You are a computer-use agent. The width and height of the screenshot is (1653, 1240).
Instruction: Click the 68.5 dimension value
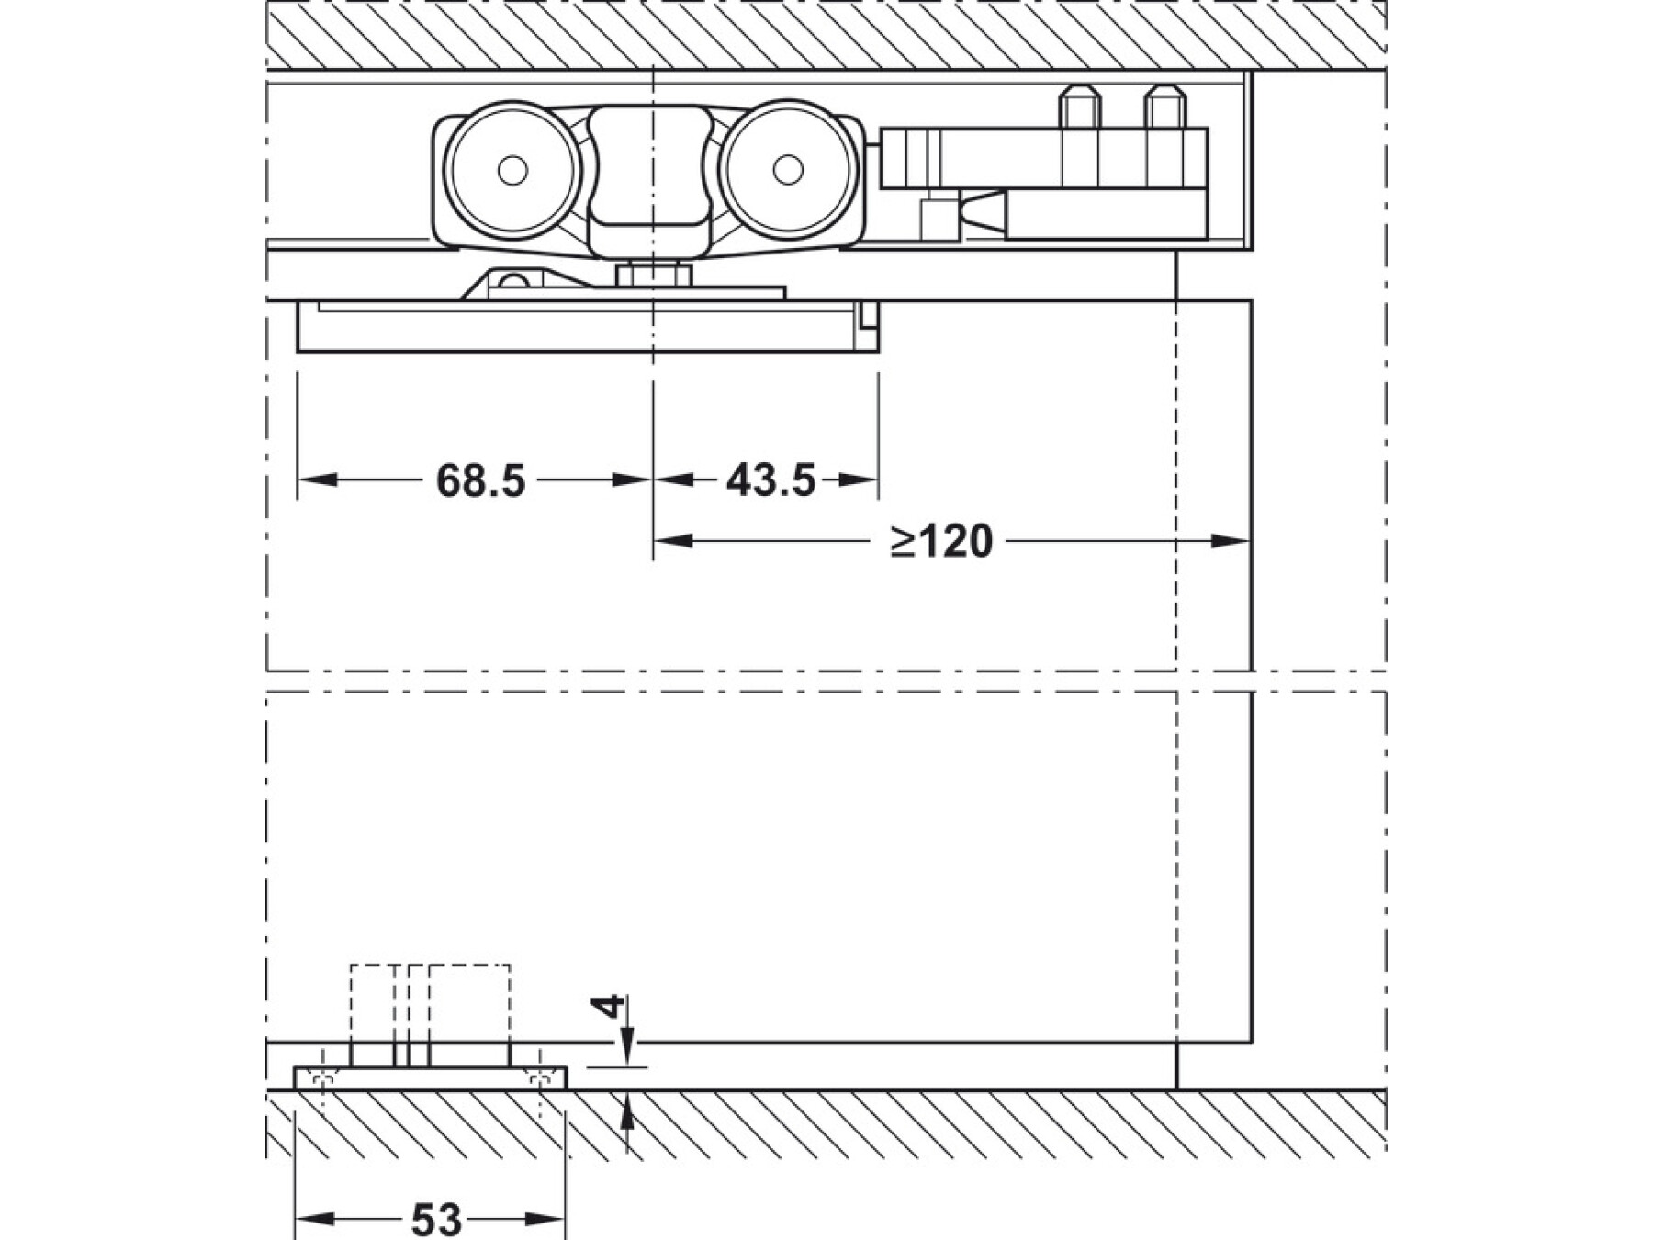point(480,479)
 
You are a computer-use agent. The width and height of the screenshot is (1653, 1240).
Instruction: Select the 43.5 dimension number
point(770,479)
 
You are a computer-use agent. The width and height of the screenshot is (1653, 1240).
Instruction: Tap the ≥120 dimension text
point(942,541)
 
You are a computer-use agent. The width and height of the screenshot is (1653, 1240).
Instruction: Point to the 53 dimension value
point(436,1220)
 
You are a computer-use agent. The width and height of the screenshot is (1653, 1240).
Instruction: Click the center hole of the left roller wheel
point(512,170)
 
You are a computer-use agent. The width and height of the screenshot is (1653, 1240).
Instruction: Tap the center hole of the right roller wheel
point(787,170)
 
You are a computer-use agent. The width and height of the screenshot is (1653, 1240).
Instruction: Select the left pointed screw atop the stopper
point(1078,107)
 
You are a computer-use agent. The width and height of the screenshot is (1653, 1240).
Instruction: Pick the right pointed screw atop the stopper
point(1163,107)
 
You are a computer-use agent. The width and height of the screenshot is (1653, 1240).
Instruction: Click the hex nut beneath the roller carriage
point(653,274)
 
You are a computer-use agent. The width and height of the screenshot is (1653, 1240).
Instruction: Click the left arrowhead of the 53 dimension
point(310,1220)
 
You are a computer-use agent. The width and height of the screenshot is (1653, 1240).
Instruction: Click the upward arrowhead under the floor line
point(627,1113)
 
